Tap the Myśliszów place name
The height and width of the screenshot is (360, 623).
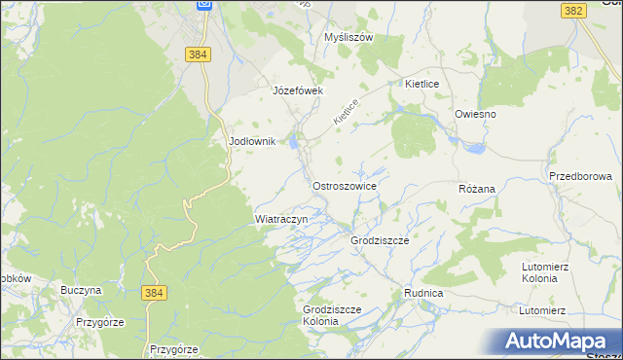[348, 38]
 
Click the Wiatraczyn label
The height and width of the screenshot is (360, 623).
[281, 220]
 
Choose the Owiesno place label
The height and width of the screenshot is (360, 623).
[475, 114]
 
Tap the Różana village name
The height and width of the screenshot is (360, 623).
[477, 188]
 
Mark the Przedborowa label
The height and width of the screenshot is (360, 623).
[580, 177]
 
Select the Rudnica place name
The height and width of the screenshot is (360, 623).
[423, 293]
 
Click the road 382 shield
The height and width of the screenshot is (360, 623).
[573, 10]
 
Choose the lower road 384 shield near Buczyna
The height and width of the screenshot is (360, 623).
[152, 291]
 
